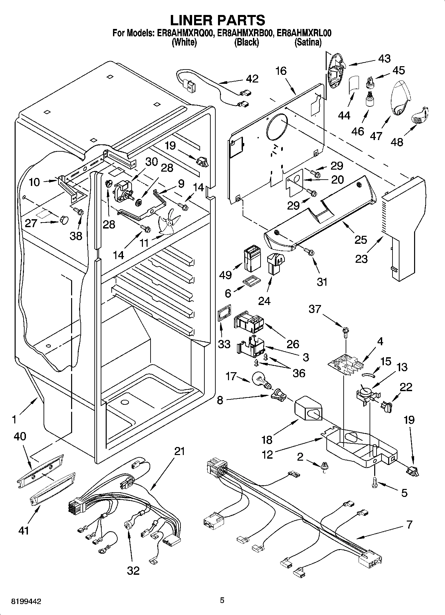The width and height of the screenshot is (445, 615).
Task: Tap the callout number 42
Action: coord(252,78)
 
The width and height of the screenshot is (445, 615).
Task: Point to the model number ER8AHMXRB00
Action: coord(246,33)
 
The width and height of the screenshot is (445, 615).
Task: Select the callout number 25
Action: coord(361,239)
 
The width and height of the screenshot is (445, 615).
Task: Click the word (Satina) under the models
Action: coord(308,43)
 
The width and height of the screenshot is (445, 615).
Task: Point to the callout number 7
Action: coord(409,525)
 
